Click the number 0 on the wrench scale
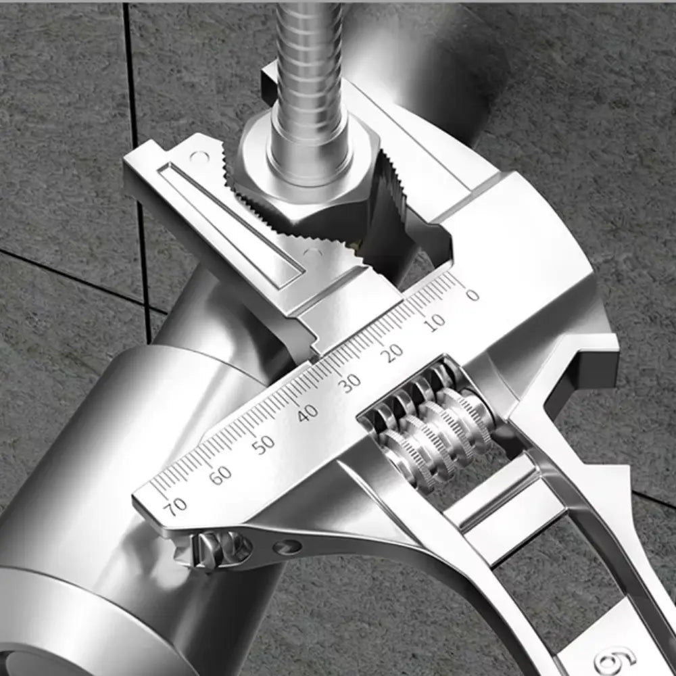tap(472, 295)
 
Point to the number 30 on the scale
tap(350, 383)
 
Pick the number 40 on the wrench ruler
tap(308, 412)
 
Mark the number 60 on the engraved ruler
tap(220, 475)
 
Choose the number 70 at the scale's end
tap(177, 506)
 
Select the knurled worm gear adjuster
tap(433, 433)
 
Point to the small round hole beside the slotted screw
tap(291, 546)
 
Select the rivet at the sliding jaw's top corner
tap(197, 157)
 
